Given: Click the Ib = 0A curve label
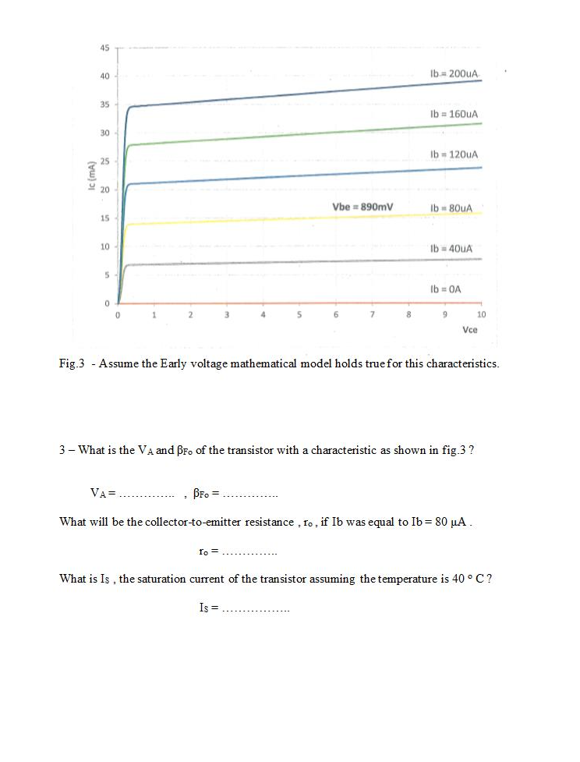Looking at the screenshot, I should coord(446,289).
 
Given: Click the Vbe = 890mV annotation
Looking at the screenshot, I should coord(362,207).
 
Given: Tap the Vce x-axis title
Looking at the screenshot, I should coord(470,331).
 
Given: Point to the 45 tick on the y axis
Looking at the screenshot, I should coord(104,48).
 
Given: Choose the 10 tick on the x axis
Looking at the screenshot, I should coord(480,315).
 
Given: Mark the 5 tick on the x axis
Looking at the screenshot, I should coord(299,315).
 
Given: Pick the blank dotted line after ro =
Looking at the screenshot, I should coord(250,551).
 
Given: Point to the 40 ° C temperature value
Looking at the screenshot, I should coord(469,579).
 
